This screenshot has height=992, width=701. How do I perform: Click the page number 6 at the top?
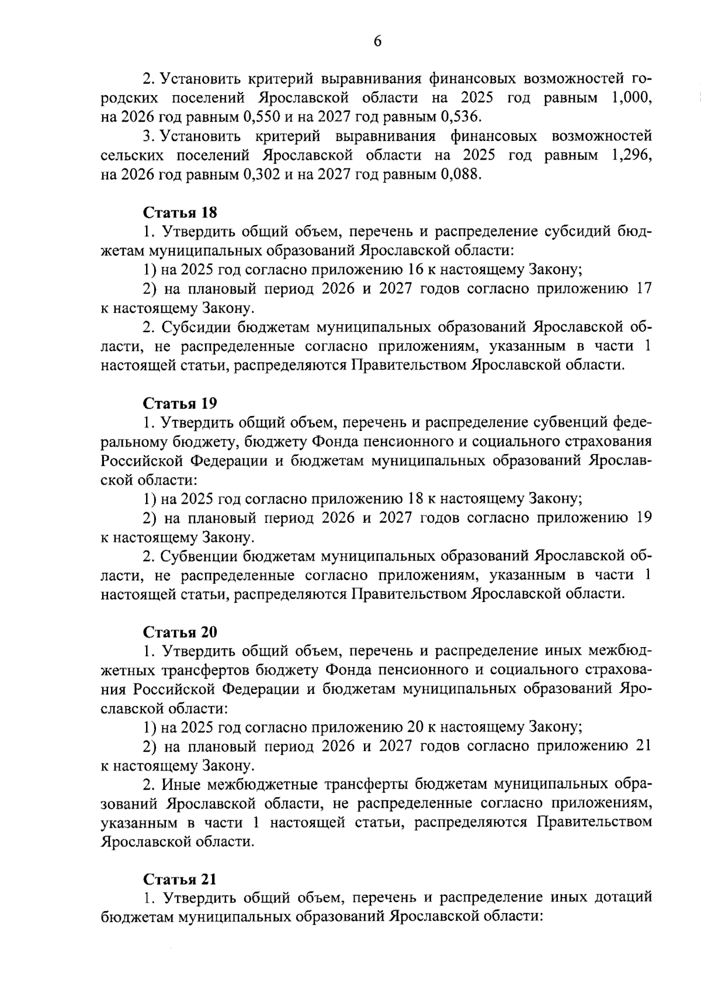377,41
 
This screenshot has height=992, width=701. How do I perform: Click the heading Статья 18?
180,212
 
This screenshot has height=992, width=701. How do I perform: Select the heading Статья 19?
180,403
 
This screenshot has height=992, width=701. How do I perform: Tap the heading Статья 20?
180,632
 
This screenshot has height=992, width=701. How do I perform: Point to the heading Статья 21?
180,880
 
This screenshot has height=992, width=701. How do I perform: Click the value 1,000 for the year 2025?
631,98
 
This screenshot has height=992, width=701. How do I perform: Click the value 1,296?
631,155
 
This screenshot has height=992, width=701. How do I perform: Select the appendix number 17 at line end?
644,289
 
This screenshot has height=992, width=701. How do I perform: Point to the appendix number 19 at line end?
644,518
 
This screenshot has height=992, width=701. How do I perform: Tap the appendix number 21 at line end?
644,746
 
